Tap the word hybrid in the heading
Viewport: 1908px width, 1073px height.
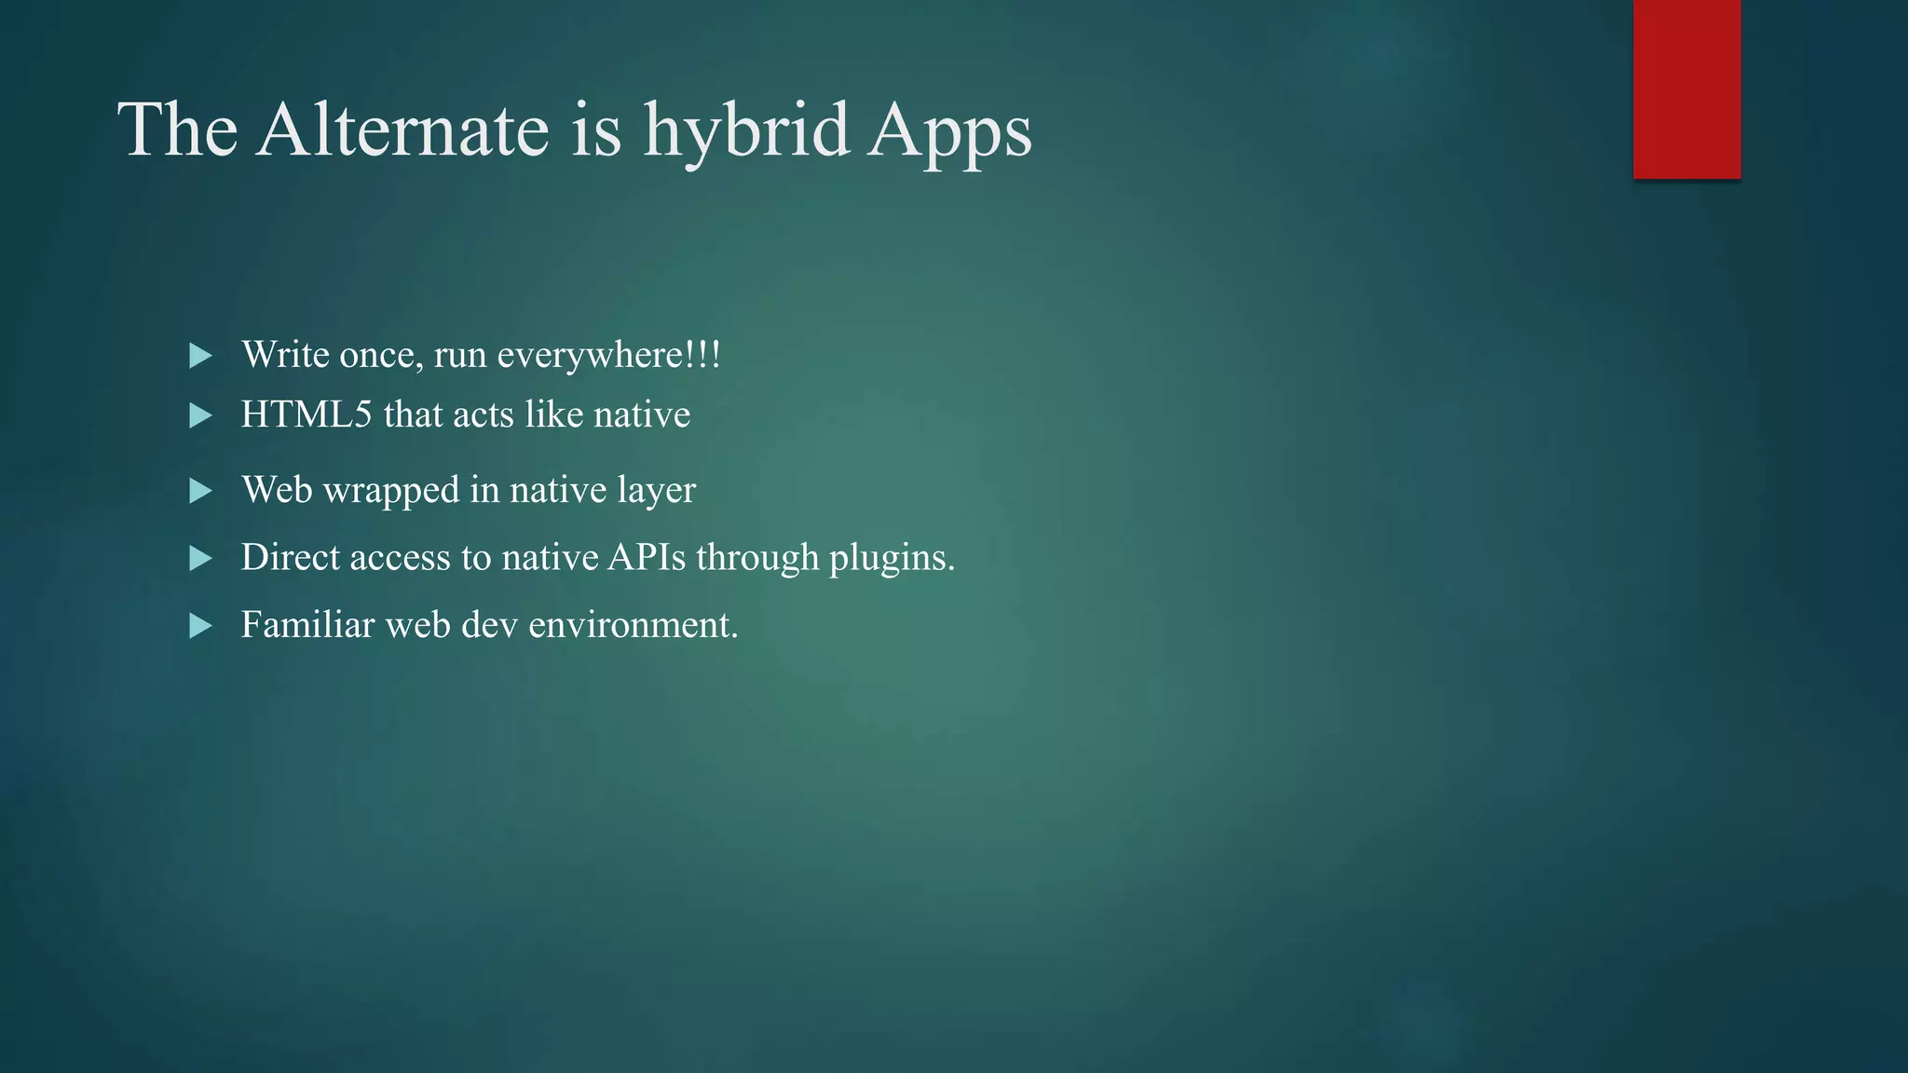[745, 130]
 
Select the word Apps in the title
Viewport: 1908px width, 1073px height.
[949, 132]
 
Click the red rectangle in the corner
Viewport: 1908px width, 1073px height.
[1686, 88]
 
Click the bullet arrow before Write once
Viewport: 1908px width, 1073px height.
[200, 356]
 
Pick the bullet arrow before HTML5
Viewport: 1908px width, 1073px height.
[200, 415]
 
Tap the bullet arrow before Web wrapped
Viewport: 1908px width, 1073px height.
[200, 491]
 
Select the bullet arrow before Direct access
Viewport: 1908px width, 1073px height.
[200, 558]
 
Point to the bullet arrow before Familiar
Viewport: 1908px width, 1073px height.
[200, 626]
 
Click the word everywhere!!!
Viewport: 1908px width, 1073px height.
[608, 356]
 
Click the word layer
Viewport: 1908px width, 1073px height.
[656, 491]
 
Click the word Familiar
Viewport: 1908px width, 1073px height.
[307, 624]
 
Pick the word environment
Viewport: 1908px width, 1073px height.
[633, 625]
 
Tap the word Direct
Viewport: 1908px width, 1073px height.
[290, 557]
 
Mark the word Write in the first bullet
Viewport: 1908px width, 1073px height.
[285, 355]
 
